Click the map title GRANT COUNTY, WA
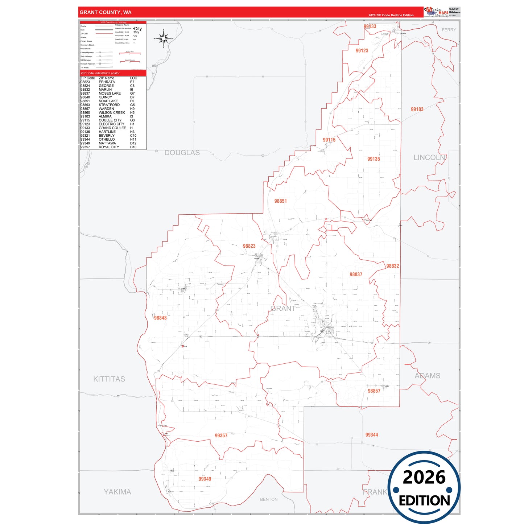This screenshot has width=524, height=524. click(x=106, y=12)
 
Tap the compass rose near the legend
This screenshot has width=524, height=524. click(x=164, y=38)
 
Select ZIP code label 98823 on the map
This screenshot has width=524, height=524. click(x=249, y=246)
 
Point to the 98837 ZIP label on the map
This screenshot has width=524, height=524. click(x=356, y=275)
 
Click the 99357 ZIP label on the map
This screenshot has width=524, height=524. click(x=221, y=436)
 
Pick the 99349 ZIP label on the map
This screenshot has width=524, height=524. click(x=205, y=479)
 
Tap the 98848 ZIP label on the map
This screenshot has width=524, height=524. click(x=160, y=318)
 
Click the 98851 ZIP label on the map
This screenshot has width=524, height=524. click(x=280, y=201)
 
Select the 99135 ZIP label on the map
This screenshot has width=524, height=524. click(x=374, y=159)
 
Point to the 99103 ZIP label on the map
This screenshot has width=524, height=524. click(x=417, y=110)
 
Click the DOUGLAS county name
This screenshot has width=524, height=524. click(x=182, y=153)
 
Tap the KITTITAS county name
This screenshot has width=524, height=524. click(x=109, y=379)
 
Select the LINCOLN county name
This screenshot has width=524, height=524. click(x=429, y=157)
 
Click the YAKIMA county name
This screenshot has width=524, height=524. click(x=117, y=492)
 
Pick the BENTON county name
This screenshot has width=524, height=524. click(x=269, y=499)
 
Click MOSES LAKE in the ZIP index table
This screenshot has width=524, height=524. click(x=110, y=94)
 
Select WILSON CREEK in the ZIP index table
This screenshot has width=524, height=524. click(x=112, y=113)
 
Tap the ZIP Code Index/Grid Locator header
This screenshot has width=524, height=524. click(x=100, y=73)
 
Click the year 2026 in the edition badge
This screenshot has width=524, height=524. click(x=424, y=477)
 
